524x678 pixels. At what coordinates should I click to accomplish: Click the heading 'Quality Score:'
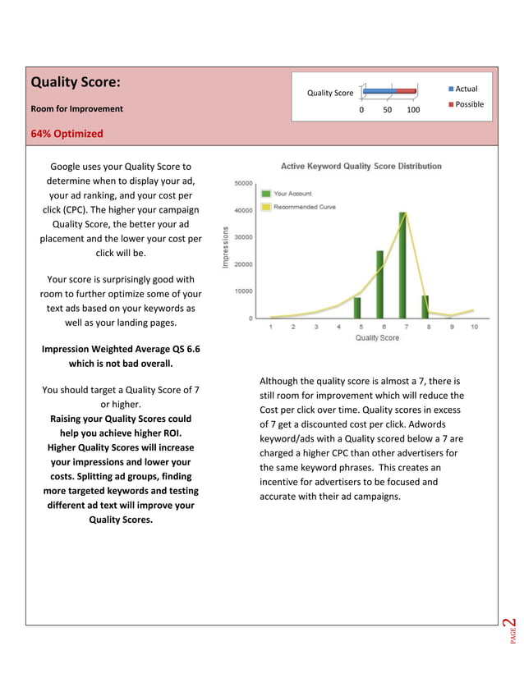(76, 83)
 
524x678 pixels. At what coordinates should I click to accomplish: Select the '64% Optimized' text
(67, 134)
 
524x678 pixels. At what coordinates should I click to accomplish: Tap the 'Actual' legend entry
(465, 89)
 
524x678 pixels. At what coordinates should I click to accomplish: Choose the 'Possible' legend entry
(467, 104)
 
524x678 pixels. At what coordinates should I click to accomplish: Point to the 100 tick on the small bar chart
(413, 110)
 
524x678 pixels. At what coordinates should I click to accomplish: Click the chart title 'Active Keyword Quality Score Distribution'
(361, 166)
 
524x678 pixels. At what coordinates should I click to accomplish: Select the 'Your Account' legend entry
(292, 194)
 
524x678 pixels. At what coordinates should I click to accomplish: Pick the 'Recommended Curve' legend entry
(303, 207)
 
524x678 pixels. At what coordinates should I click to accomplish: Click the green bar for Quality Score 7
(403, 265)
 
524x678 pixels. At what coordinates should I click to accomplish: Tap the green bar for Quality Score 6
(380, 284)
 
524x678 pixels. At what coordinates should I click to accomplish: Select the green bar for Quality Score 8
(425, 306)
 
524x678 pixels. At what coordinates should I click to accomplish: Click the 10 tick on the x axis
(474, 327)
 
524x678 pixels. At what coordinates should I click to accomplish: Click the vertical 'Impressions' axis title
(225, 247)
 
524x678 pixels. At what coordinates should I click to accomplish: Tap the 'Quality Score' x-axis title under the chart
(378, 338)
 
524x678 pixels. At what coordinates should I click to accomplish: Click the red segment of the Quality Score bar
(406, 91)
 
